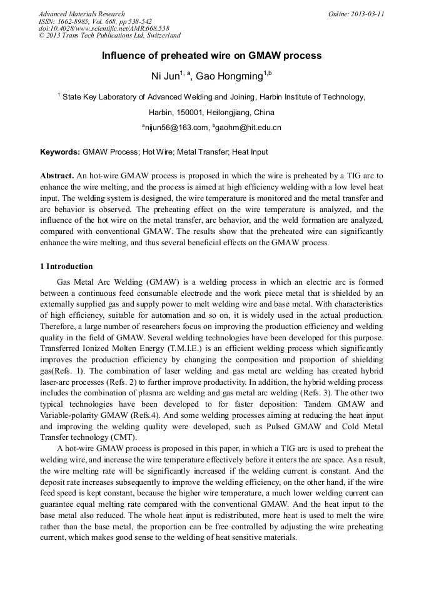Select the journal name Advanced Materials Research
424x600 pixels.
[81, 14]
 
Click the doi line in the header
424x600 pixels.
[104, 28]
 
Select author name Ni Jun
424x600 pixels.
[165, 76]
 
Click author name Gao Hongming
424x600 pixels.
[228, 76]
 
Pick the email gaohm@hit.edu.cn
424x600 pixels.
[249, 128]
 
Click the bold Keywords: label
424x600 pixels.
[60, 152]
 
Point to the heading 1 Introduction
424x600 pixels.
[66, 267]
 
